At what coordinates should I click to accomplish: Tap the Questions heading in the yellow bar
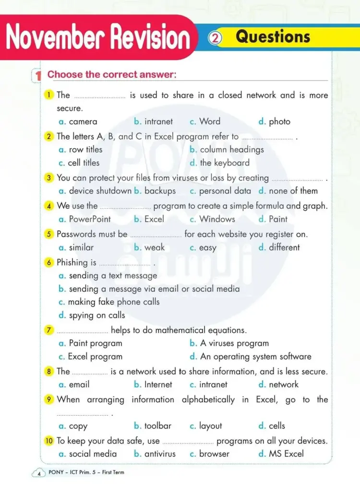point(273,36)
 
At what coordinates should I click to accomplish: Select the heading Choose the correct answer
point(112,74)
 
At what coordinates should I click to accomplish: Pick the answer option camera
point(83,121)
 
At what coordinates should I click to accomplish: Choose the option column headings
point(232,149)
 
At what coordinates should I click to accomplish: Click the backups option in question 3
point(160,191)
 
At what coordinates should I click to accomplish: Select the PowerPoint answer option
point(90,219)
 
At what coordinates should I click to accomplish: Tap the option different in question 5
point(284,247)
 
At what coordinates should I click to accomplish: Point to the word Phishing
point(72,262)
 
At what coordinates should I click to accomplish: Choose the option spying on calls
point(97,315)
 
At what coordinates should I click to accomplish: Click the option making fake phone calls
point(114,302)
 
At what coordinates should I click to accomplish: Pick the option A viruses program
point(234,343)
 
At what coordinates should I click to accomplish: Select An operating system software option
point(255,357)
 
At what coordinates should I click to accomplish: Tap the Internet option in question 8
point(158,384)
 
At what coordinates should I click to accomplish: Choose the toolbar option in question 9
point(157,426)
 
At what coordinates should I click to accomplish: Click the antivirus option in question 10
point(160,454)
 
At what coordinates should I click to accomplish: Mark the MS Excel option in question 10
point(286,454)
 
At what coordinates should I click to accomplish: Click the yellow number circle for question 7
point(49,330)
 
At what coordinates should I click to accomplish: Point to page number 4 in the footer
point(38,474)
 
